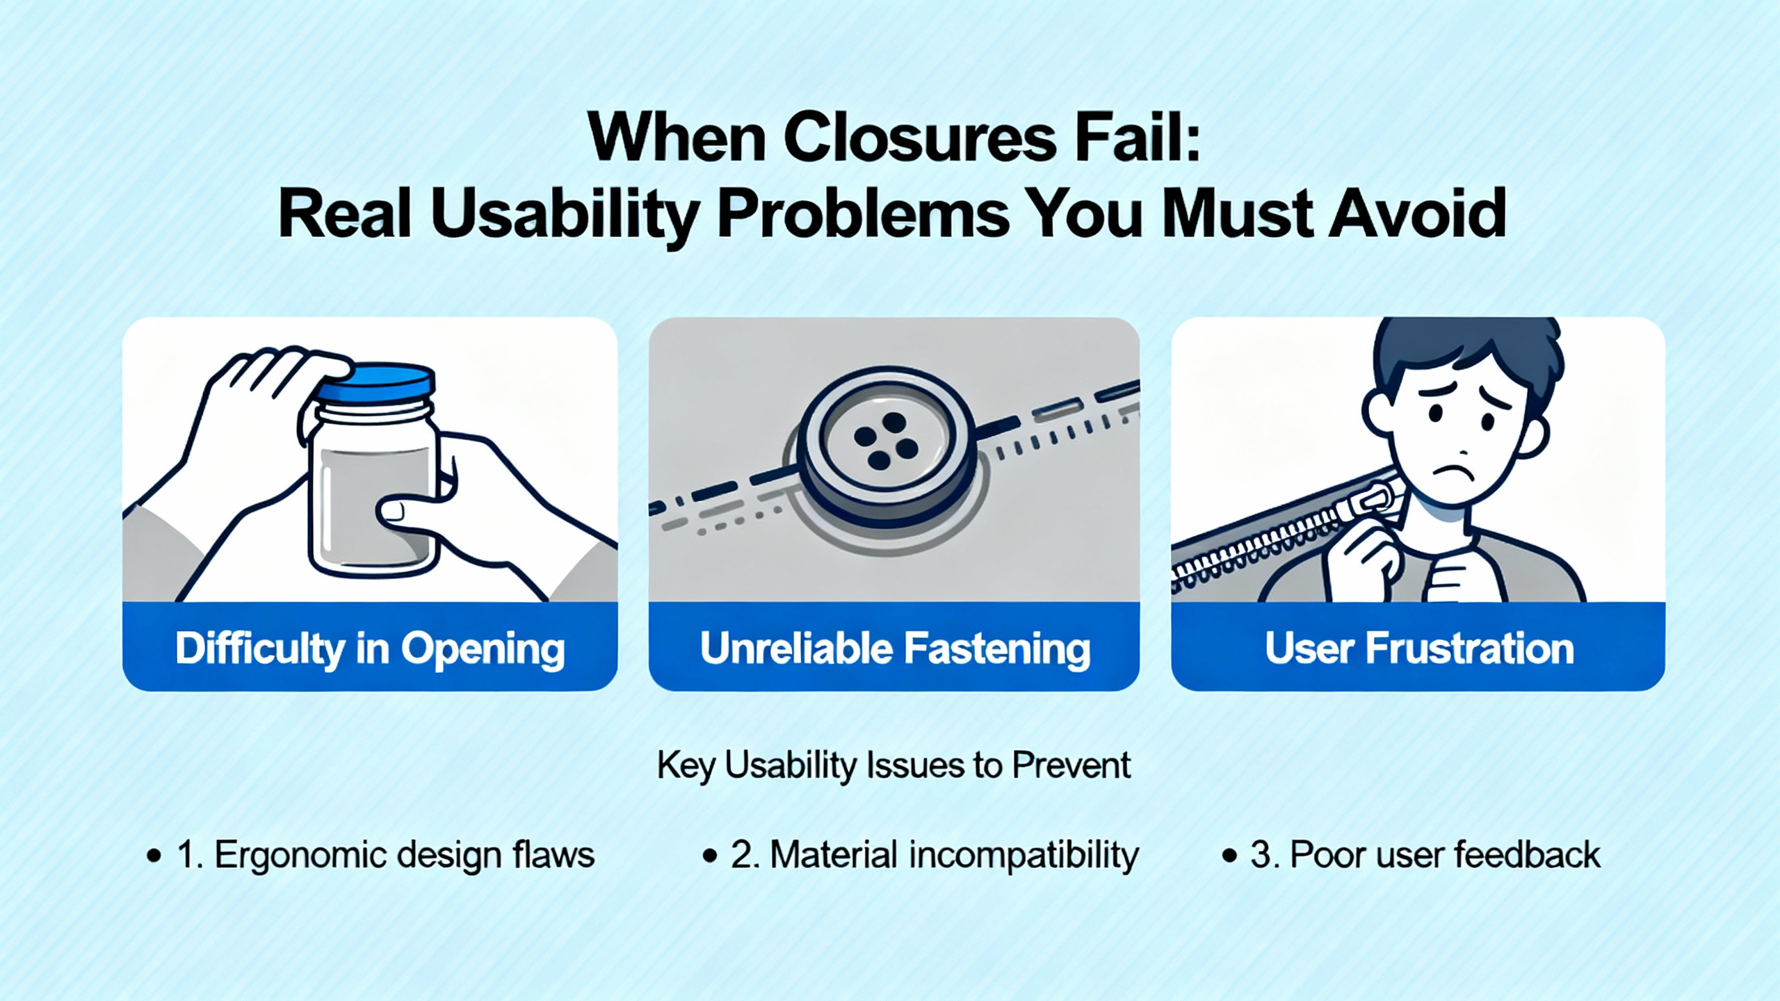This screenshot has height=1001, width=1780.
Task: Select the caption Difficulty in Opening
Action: pos(370,649)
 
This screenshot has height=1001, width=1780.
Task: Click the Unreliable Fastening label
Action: pos(895,649)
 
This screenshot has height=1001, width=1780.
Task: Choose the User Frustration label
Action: pos(1419,649)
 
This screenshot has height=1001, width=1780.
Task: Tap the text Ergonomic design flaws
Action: pos(405,854)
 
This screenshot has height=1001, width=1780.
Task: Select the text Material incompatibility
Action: pos(954,854)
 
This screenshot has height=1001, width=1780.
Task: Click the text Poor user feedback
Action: pos(1445,854)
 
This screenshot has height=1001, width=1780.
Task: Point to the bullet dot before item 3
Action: pos(1230,856)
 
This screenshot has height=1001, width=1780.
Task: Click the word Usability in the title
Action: pos(564,215)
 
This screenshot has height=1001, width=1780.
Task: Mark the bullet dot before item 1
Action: pos(154,856)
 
